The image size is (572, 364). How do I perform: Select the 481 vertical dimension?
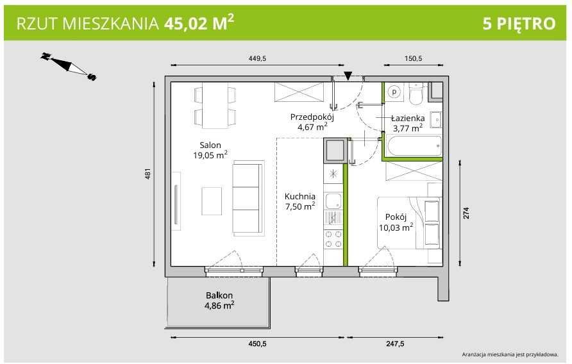point(147,174)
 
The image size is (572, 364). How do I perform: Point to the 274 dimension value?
point(467,213)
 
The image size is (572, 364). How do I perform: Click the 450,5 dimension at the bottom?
point(257,344)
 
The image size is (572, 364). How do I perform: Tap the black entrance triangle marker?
point(348,76)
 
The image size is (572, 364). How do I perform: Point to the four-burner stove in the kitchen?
point(333,239)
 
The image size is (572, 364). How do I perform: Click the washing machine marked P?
point(394,93)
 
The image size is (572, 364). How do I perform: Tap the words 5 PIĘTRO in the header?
point(519,24)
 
